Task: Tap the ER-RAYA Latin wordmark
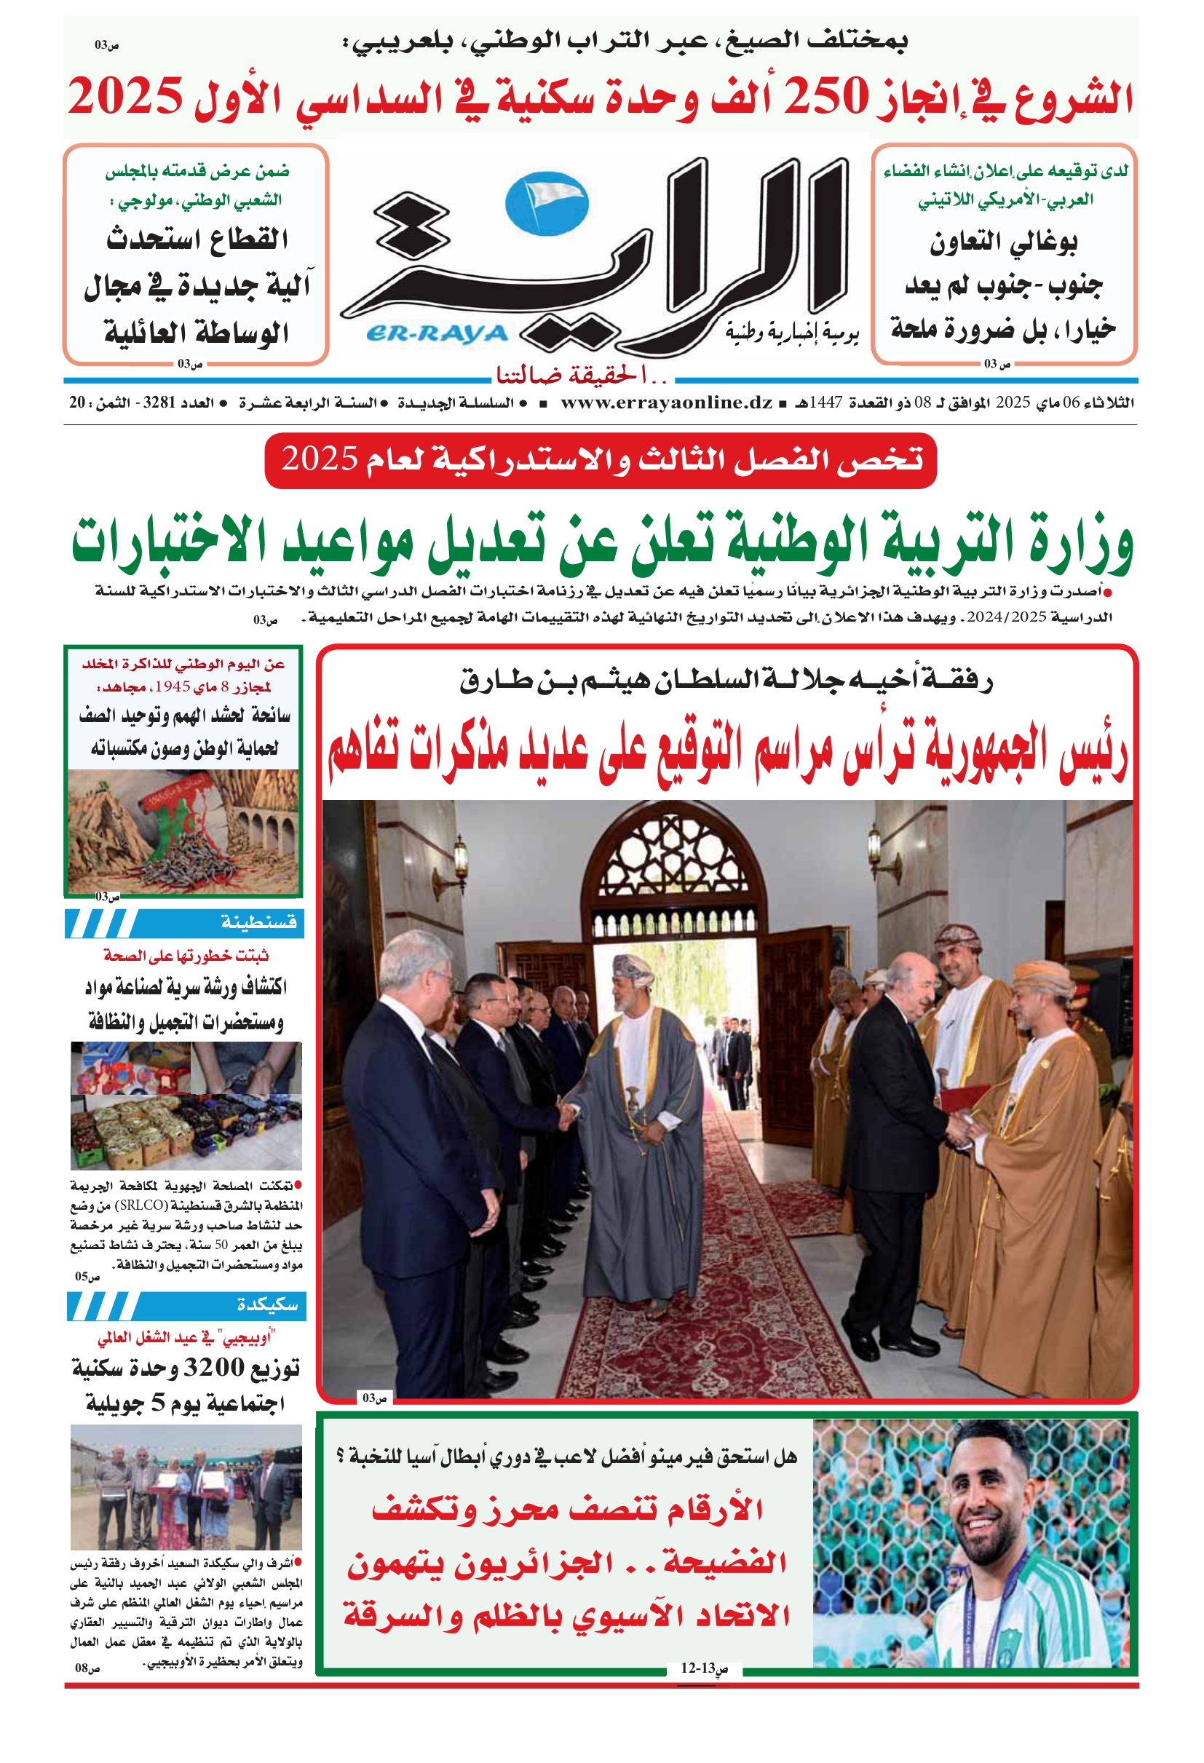(437, 334)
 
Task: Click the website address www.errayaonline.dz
(666, 403)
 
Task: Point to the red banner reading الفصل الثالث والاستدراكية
(601, 461)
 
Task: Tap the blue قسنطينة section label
(258, 922)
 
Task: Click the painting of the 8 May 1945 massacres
(183, 831)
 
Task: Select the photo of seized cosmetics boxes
(186, 1104)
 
